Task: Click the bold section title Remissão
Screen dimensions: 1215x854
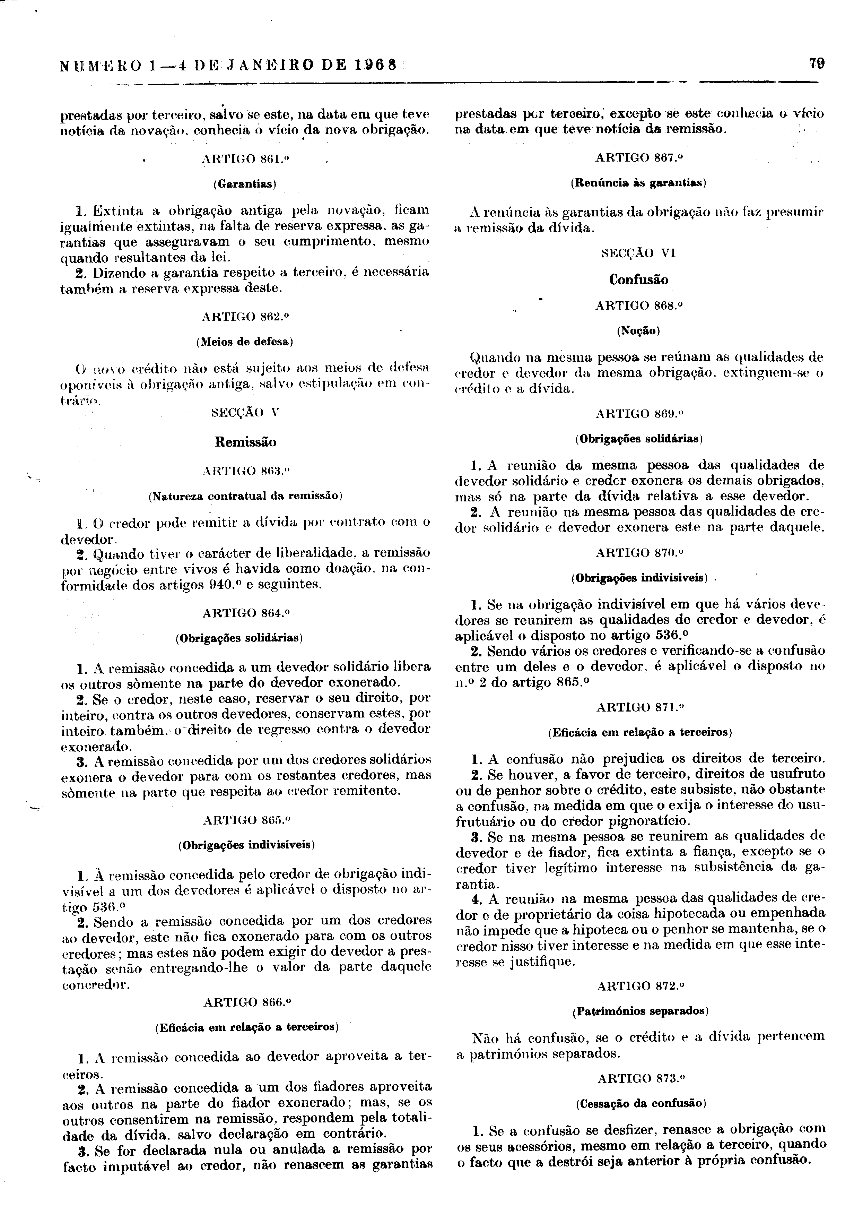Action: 245,442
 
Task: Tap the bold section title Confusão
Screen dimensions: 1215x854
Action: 638,279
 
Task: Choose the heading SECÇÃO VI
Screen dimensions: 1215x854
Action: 639,253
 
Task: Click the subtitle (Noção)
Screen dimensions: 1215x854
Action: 638,331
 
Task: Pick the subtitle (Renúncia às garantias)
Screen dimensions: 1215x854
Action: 638,183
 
